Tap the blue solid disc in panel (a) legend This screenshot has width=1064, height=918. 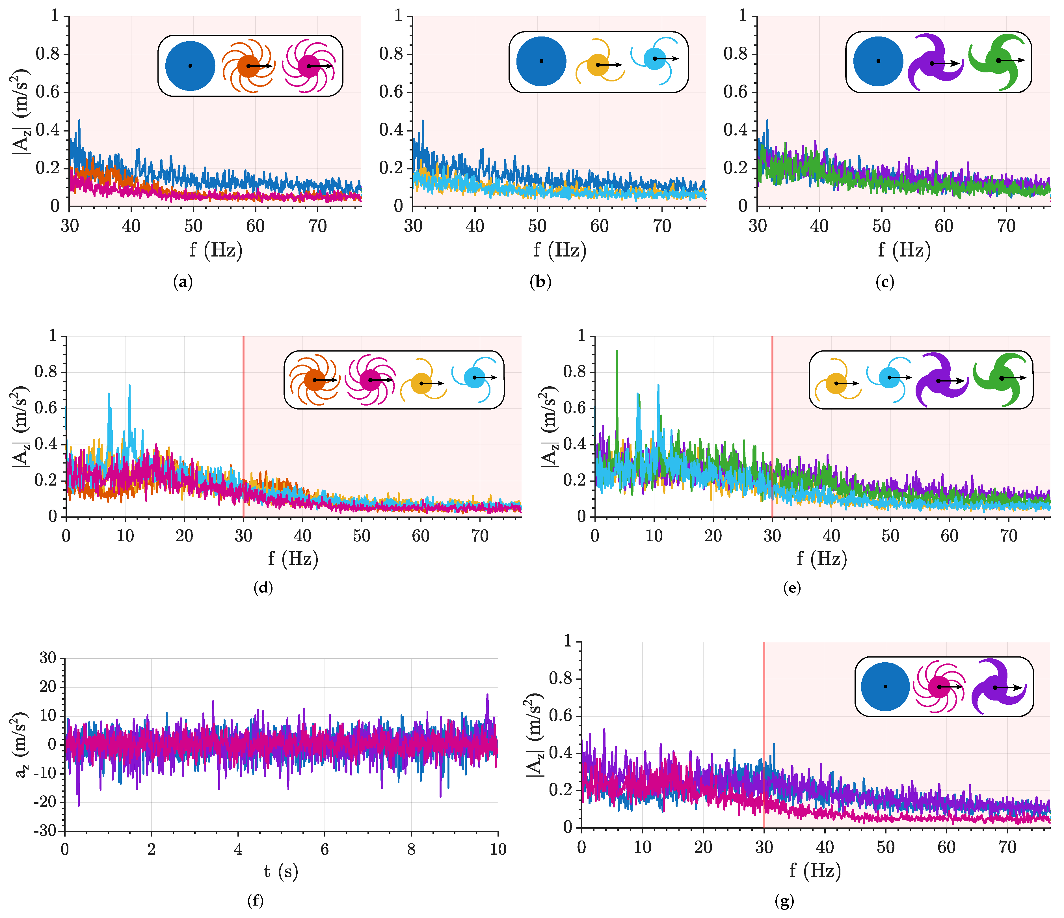click(190, 66)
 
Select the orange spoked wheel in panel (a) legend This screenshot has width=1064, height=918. click(248, 66)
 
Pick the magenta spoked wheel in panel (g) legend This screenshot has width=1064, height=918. click(939, 687)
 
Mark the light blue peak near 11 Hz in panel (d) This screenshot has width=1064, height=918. click(129, 386)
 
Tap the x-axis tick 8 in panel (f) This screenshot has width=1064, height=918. click(411, 850)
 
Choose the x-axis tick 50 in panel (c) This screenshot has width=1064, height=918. click(882, 226)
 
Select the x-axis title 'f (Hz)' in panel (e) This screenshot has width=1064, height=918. click(822, 558)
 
